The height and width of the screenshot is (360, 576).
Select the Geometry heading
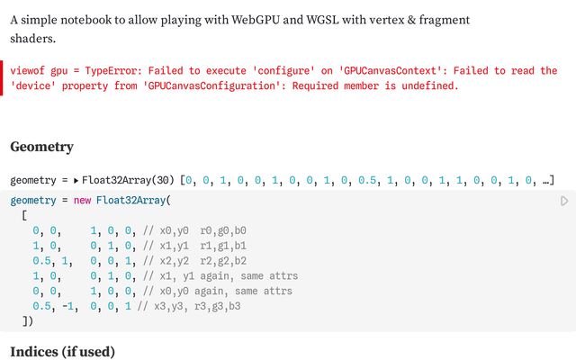[41, 147]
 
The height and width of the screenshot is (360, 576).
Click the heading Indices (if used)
[62, 351]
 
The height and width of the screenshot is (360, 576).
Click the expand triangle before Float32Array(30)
[76, 181]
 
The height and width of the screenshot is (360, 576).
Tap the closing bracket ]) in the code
[27, 320]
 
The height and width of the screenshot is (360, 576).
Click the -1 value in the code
[68, 306]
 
